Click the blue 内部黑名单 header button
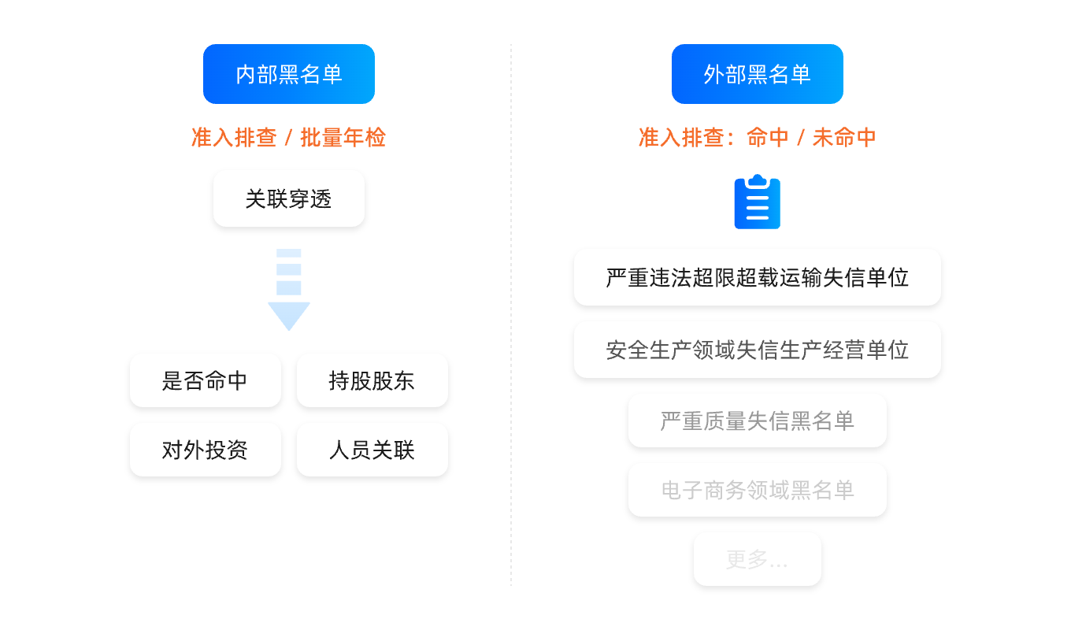288,74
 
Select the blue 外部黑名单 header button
757,74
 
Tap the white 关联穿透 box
288,198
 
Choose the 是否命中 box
205,380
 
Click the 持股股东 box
372,380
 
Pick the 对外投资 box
205,450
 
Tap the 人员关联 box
372,450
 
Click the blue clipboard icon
757,204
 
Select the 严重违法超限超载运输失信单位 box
757,277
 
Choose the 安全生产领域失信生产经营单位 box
757,350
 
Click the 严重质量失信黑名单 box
757,421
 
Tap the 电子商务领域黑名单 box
757,490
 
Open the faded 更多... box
757,559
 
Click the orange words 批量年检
343,138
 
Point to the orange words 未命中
844,138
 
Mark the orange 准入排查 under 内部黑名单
234,138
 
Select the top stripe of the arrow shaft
289,254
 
